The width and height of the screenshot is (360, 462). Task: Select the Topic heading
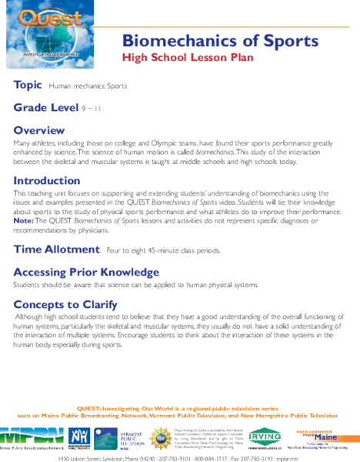28,85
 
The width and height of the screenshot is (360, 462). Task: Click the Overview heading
39,129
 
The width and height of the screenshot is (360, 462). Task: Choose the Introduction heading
47,181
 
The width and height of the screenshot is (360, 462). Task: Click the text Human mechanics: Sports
88,86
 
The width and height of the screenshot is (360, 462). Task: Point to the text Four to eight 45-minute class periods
164,250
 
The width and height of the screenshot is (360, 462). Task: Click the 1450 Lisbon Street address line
180,457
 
